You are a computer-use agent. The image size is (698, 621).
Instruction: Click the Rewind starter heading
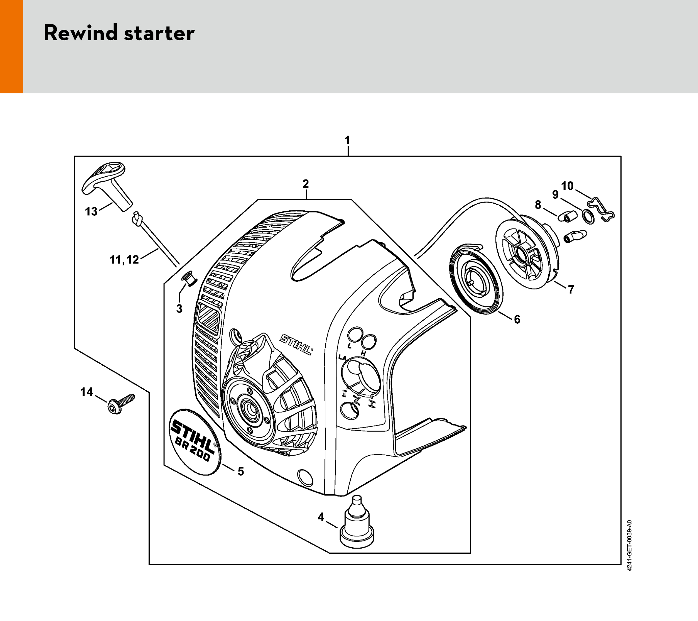click(x=119, y=33)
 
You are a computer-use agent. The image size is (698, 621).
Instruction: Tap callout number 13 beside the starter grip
click(x=91, y=212)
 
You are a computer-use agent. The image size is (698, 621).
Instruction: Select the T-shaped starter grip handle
click(x=106, y=185)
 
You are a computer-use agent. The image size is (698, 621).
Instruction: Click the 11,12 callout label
click(x=124, y=260)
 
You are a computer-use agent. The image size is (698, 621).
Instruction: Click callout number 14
click(x=87, y=392)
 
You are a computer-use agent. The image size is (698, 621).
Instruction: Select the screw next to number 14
click(x=121, y=404)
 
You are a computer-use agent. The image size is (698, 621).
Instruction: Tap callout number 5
click(x=241, y=471)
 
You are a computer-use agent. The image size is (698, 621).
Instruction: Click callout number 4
click(x=321, y=517)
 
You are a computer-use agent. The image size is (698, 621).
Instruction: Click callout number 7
click(x=571, y=289)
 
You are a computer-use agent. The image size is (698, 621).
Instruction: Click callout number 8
click(x=538, y=205)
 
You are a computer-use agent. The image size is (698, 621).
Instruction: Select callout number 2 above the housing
click(x=306, y=184)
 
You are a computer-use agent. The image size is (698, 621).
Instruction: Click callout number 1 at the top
click(x=347, y=141)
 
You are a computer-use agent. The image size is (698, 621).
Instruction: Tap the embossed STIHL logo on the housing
click(x=296, y=345)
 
